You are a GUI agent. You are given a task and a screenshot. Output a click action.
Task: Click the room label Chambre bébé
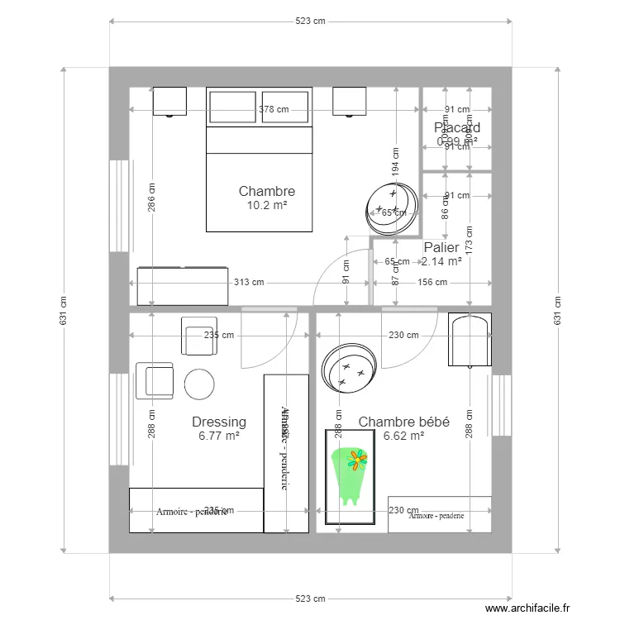tap(403, 422)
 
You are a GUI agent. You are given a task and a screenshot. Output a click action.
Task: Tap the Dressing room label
tap(219, 422)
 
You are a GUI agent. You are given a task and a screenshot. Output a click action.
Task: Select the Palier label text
tap(441, 248)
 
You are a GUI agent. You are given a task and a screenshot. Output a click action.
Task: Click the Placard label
tap(457, 128)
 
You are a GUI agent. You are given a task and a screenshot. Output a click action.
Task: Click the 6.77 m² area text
tap(219, 436)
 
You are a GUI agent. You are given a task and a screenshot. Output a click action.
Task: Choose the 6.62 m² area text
tap(403, 436)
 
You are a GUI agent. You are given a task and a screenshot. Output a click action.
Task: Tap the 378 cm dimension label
tap(274, 109)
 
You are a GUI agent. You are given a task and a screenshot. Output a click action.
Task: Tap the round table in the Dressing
tap(199, 384)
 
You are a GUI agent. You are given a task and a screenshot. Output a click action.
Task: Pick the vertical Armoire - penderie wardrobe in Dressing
tap(286, 453)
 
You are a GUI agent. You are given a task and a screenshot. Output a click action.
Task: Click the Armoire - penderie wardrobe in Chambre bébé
tap(440, 514)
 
